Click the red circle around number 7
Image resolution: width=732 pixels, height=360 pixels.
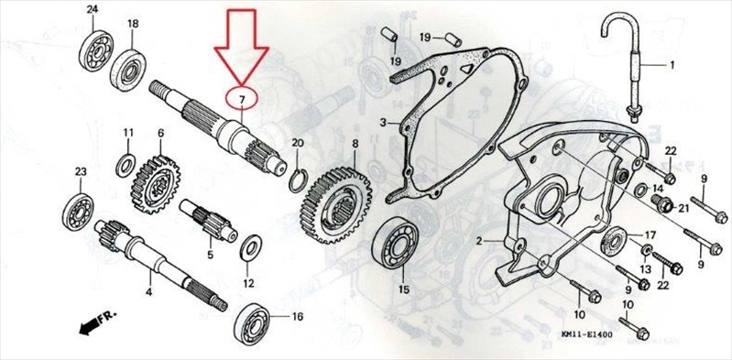tap(226, 98)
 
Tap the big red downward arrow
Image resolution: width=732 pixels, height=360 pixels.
tap(241, 47)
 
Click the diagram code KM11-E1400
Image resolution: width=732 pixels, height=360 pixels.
tap(587, 334)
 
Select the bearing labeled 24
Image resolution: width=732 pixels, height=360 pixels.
tap(96, 50)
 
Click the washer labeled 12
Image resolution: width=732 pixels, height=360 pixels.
tap(251, 249)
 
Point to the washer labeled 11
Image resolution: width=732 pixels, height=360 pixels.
tap(126, 165)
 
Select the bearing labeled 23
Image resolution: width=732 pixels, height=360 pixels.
tap(78, 212)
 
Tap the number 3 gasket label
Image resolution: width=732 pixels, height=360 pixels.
tap(382, 124)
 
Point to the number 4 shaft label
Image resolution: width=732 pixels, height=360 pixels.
tap(148, 293)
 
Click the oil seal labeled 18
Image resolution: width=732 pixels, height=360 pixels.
tap(128, 70)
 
